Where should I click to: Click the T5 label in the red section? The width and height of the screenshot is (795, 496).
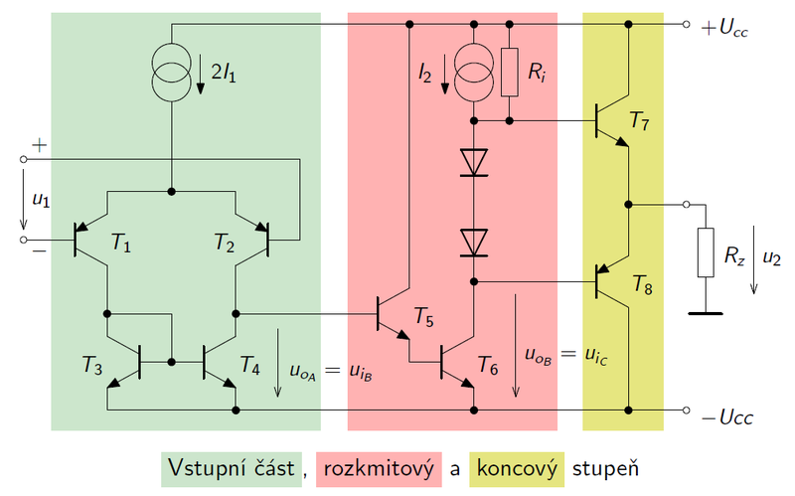point(423,320)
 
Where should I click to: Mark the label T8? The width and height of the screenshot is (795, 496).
point(643,288)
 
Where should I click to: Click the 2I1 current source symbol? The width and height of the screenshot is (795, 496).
point(172,69)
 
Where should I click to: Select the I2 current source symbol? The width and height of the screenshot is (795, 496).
point(474,69)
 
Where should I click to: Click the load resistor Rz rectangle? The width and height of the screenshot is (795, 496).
point(706,252)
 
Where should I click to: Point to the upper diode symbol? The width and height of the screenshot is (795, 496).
point(474,162)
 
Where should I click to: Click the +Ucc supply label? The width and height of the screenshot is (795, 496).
point(724,29)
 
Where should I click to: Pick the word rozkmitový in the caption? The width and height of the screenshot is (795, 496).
point(378,468)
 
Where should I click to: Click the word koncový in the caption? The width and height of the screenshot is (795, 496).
point(517,468)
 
